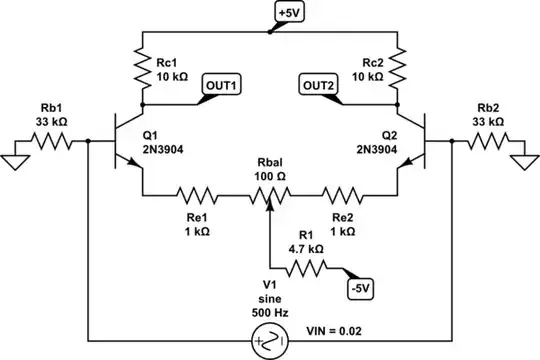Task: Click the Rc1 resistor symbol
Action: [144, 67]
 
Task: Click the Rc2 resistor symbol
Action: [397, 67]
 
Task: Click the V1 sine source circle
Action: [271, 342]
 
